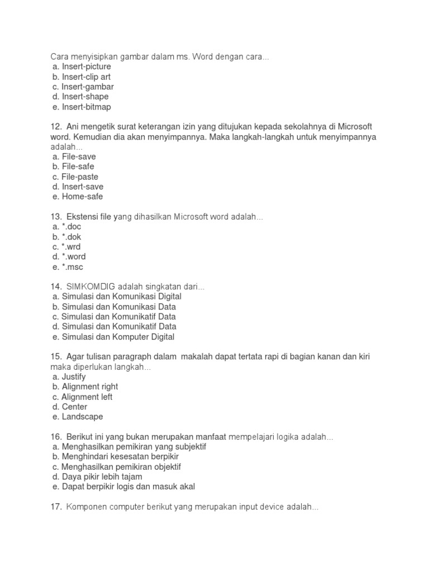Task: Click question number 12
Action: [x=56, y=127]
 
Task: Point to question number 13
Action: [x=56, y=217]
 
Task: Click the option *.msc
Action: [x=72, y=267]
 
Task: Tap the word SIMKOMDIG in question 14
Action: [x=90, y=287]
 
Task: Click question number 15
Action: [x=56, y=356]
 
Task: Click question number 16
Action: [x=56, y=437]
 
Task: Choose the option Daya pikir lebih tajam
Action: [x=97, y=476]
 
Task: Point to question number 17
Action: [x=56, y=507]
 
